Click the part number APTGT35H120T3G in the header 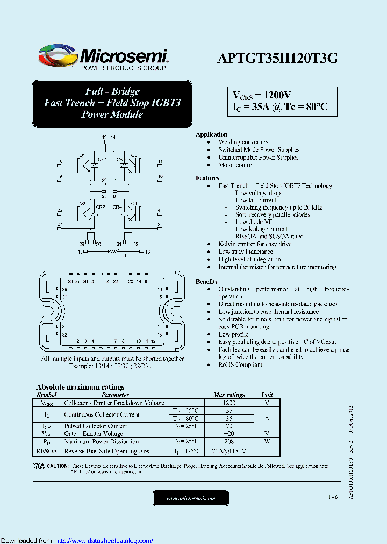tap(277, 59)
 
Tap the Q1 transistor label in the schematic tap(82, 155)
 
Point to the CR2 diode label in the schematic tap(100, 207)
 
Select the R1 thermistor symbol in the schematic tap(113, 251)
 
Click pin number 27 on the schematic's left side tap(60, 224)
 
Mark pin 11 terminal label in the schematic tap(160, 162)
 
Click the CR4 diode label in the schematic tap(117, 207)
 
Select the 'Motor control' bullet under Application tap(236, 165)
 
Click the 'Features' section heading tap(207, 178)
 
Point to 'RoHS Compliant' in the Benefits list tap(240, 364)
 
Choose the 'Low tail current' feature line tap(256, 200)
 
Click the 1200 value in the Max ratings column tap(229, 403)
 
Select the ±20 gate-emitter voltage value tap(229, 433)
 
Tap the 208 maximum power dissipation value tap(229, 441)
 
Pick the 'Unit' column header tap(267, 395)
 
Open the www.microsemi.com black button tap(190, 498)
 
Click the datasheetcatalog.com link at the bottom tap(104, 540)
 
